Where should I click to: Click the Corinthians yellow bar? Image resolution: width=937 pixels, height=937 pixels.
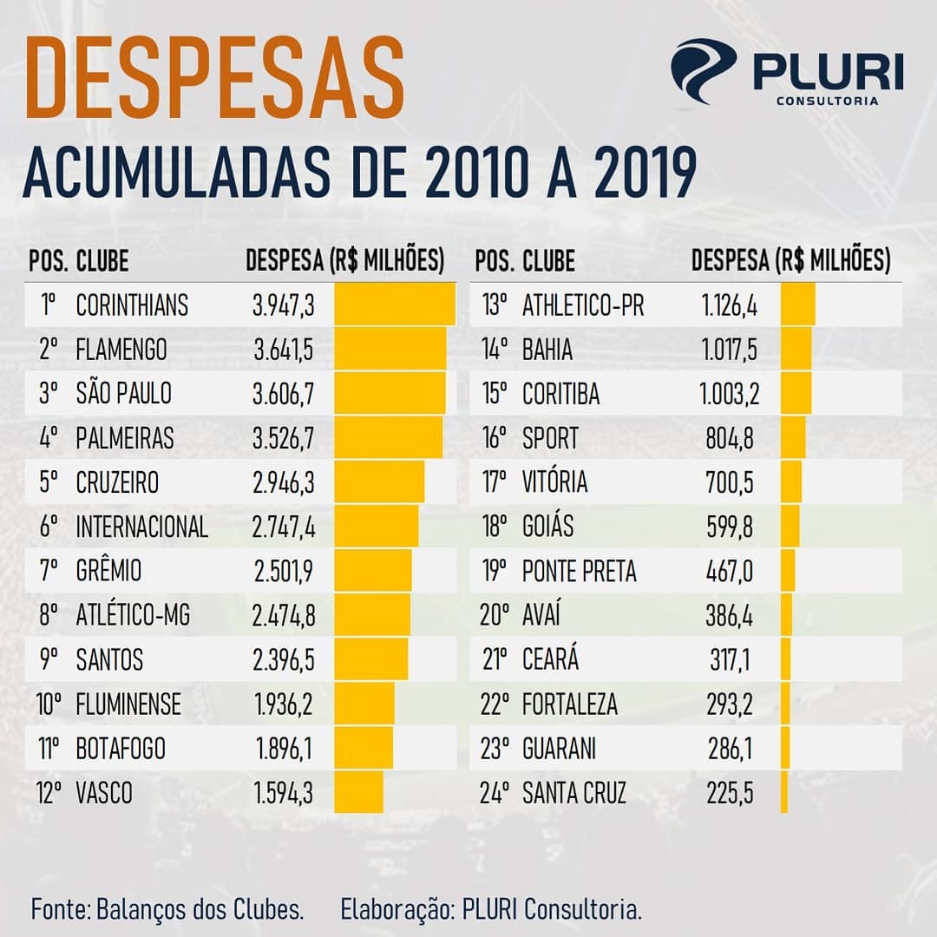coord(395,305)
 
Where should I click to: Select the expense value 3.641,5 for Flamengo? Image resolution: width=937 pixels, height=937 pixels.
coord(283,350)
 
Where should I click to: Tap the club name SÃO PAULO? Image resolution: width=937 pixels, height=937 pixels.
coord(124,394)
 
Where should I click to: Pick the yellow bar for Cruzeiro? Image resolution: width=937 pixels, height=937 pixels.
coord(379,482)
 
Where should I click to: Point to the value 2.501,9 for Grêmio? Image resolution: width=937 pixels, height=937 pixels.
coord(283,571)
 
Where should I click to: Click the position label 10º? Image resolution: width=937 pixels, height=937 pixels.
coord(49,704)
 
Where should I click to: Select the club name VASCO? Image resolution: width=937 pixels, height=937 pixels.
coord(104,793)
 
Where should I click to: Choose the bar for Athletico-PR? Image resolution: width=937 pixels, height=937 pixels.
coord(798,305)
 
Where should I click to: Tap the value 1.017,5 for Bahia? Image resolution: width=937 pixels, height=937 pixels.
coord(729,350)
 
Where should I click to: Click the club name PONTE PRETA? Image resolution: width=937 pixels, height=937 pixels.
coord(579,571)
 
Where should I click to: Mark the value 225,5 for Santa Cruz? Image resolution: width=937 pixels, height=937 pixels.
coord(730,793)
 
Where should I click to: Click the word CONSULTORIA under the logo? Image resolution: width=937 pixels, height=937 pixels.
coord(827,101)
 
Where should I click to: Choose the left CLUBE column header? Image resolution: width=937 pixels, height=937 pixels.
coord(102,260)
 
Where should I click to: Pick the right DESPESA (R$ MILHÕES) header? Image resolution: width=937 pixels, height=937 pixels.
coord(790,260)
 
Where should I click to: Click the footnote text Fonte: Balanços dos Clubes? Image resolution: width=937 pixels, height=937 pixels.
coord(167,910)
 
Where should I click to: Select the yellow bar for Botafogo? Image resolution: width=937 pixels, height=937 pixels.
coord(364,748)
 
